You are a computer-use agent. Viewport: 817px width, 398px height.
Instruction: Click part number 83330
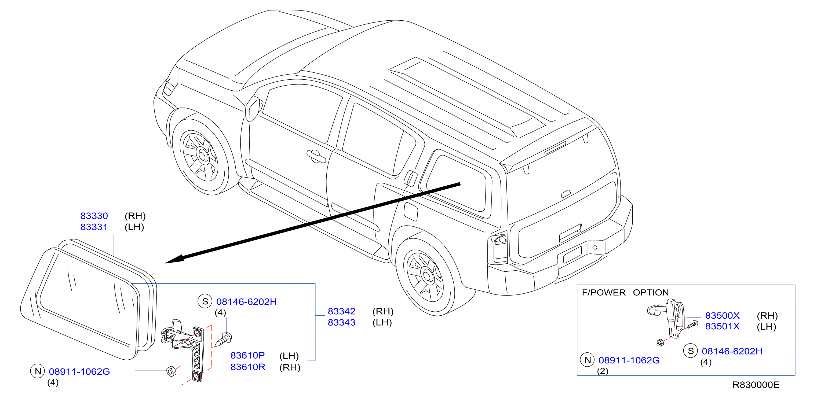coord(94,216)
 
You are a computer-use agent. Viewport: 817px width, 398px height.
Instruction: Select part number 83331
coord(94,227)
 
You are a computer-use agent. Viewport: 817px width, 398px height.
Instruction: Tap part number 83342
coord(342,311)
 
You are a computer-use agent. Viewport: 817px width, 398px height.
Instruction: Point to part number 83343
coord(342,322)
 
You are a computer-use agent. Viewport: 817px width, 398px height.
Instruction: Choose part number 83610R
coord(248,367)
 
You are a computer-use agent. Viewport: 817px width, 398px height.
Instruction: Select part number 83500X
coord(722,316)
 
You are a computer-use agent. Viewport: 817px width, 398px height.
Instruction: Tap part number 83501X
coord(722,326)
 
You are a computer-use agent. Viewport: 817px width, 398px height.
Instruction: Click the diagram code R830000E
coord(756,385)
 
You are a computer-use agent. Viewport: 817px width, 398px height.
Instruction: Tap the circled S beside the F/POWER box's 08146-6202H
coord(691,351)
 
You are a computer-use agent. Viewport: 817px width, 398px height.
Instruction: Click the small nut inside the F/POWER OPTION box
coord(660,342)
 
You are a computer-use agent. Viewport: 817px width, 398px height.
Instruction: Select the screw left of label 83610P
coord(224,339)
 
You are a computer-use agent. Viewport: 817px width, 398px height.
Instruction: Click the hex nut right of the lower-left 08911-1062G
coord(171,371)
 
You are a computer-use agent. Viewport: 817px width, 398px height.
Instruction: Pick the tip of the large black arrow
coord(165,263)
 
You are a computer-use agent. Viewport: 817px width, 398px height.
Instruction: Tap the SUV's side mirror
coord(253,108)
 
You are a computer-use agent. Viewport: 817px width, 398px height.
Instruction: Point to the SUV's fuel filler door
coord(411,211)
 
